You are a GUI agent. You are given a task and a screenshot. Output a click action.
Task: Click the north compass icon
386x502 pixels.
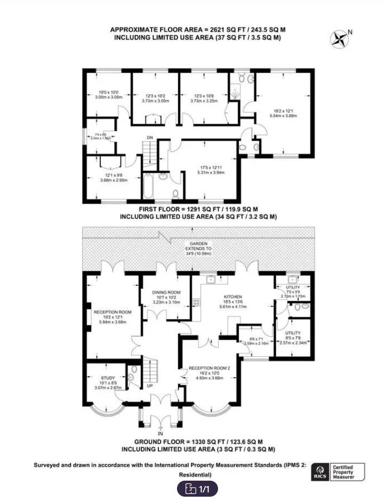pos(340,38)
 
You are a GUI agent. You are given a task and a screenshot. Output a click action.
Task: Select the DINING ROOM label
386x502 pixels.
pos(167,292)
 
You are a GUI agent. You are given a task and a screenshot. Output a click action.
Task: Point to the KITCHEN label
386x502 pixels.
pos(233,297)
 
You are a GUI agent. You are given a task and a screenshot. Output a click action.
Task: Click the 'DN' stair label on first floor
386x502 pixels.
pos(150,138)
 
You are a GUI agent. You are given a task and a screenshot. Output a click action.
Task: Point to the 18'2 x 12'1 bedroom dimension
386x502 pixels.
pos(283,110)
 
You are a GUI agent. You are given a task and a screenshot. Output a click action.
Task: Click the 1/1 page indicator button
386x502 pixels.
pos(198,488)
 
